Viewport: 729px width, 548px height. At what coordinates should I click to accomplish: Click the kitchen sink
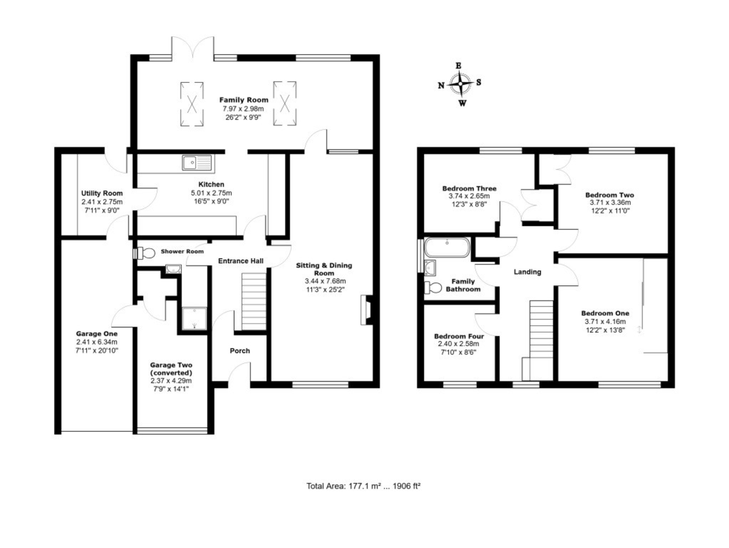point(197,162)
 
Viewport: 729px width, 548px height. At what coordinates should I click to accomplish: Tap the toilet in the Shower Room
point(144,253)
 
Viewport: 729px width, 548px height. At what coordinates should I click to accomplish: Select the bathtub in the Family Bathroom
point(447,247)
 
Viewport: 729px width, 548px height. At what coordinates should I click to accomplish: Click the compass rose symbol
point(460,84)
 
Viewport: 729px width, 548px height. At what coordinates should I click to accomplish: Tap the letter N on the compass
point(440,86)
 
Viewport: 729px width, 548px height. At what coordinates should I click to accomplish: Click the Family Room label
point(244,100)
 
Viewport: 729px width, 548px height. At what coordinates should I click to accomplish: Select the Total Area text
point(363,486)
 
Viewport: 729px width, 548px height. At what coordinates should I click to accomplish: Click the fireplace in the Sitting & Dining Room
point(366,310)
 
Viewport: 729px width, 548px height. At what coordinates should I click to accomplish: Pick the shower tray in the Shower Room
point(194,319)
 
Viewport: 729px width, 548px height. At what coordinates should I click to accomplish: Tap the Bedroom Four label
point(459,336)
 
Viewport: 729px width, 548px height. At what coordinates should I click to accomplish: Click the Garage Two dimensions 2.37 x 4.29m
point(171,381)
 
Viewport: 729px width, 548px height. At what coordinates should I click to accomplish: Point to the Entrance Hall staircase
point(254,302)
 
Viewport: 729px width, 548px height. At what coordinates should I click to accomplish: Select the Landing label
point(527,272)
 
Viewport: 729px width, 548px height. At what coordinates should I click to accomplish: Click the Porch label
point(240,351)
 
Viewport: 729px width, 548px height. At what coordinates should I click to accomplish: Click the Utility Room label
point(102,193)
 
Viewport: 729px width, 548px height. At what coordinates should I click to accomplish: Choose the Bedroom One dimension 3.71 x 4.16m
point(605,322)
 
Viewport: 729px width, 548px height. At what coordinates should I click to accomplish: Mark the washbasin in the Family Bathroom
point(431,268)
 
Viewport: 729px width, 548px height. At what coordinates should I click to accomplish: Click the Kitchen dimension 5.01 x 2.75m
point(211,193)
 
